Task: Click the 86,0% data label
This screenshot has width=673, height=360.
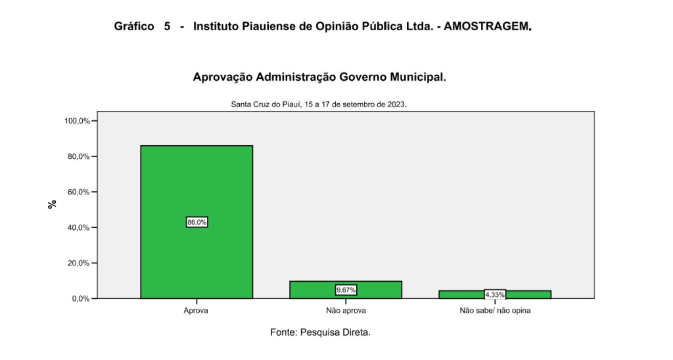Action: coord(197,223)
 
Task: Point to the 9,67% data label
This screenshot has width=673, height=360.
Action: coord(346,290)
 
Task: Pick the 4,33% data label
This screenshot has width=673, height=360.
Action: coord(495,295)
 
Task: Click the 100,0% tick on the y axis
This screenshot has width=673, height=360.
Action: coord(77,121)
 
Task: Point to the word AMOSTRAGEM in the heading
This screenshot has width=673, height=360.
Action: coord(487,27)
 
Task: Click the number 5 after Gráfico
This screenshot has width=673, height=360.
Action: coord(167,27)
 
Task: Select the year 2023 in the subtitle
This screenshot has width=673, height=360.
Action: coord(396,104)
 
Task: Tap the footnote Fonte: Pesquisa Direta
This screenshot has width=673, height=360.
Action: coord(320,332)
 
